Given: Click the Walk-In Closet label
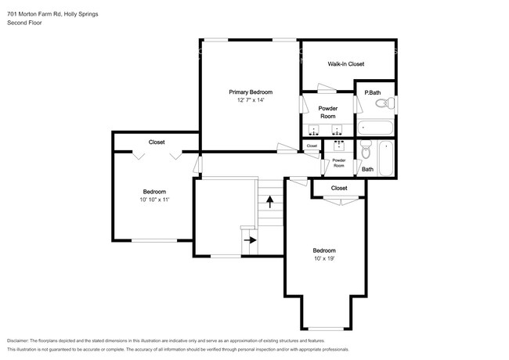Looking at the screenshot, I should pos(345,64).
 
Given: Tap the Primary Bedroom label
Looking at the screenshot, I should pos(250,92).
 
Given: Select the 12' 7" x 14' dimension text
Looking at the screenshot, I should pos(250,100).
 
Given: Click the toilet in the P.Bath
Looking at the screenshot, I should pos(381,103).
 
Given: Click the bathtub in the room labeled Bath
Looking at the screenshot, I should pos(386,159).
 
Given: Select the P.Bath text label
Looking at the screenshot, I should pos(373,92).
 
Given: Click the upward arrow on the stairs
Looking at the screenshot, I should pos(269,202).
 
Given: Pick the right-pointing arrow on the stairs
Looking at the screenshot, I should pos(250,239).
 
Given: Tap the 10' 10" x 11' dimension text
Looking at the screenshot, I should pos(153,200).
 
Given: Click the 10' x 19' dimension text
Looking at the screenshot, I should pos(324,258).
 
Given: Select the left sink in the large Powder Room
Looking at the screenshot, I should pos(314,129).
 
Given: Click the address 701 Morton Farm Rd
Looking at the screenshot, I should pos(38,12).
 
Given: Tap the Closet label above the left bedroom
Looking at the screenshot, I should pos(157,142).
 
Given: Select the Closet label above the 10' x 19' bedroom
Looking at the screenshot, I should pos(339,188).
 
